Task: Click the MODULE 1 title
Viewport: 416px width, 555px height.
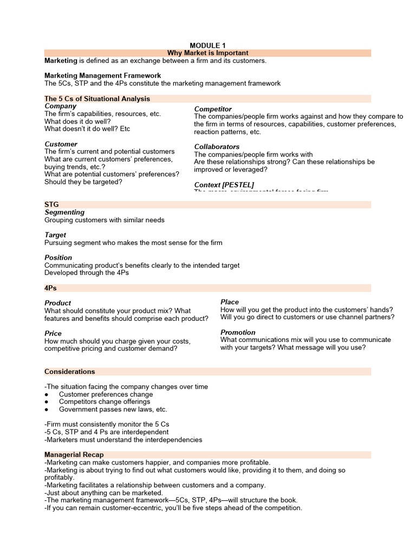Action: [x=207, y=45]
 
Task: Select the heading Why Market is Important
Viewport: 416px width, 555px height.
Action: [x=207, y=53]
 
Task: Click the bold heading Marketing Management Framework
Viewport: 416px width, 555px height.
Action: [x=102, y=75]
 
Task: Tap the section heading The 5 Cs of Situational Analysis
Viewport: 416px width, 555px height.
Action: [x=97, y=99]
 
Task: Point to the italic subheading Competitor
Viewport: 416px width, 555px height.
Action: [x=213, y=109]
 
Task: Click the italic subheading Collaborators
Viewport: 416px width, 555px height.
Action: [x=217, y=147]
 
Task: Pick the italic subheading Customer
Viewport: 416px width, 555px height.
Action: [x=61, y=144]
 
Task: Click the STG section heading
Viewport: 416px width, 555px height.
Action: [x=51, y=204]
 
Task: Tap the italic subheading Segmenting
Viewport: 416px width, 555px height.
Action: [x=64, y=212]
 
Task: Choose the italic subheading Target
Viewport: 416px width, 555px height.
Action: [x=55, y=235]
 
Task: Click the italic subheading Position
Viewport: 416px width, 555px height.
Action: [x=58, y=257]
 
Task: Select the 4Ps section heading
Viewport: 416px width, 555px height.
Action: [x=50, y=288]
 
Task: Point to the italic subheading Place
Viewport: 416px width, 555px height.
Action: [x=230, y=302]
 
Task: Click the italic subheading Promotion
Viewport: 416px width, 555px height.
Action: [x=238, y=332]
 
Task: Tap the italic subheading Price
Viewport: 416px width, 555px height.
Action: [x=53, y=333]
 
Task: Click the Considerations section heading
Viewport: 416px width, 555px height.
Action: [x=69, y=371]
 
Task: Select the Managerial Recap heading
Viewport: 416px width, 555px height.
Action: [x=74, y=454]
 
